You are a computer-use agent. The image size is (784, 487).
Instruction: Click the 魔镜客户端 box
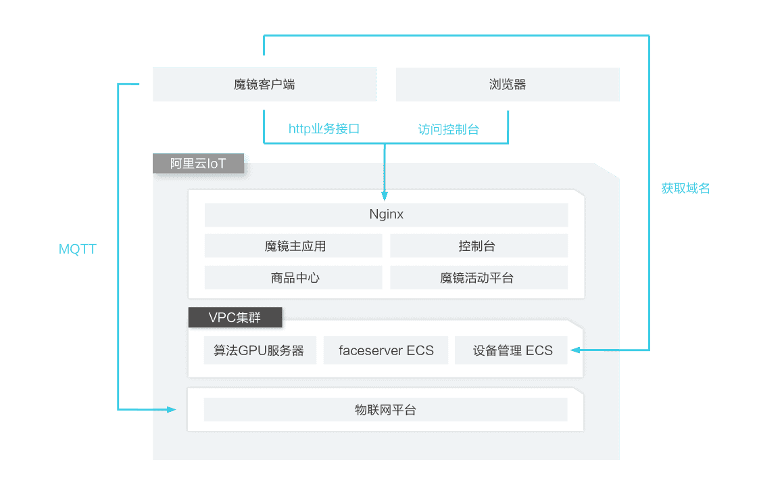pos(264,85)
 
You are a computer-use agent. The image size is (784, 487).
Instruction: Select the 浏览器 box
pos(507,85)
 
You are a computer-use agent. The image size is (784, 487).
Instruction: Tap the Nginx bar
pos(386,215)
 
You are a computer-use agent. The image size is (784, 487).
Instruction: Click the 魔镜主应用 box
pos(293,246)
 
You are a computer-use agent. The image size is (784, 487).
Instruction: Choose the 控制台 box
pos(479,246)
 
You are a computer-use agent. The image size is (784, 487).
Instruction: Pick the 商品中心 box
pos(293,277)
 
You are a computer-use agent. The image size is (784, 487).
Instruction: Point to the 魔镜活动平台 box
pos(479,277)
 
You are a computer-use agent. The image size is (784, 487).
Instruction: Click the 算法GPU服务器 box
pos(260,350)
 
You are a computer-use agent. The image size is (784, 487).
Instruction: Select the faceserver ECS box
pos(386,350)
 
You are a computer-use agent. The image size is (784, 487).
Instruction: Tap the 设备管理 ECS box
pos(512,350)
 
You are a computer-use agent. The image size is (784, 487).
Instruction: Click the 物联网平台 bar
pos(385,410)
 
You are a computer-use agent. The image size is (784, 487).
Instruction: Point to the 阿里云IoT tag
pos(198,164)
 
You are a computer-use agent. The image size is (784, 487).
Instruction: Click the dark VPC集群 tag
pos(235,317)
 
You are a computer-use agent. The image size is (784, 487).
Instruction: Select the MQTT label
pos(77,250)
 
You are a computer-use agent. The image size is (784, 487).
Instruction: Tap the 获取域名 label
pos(685,189)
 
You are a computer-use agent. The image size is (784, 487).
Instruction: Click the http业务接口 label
pos(324,129)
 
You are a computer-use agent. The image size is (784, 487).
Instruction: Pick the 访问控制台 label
pos(449,129)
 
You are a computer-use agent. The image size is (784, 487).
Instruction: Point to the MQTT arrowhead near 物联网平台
pos(170,409)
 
